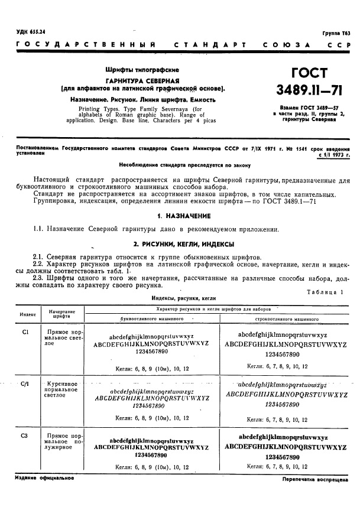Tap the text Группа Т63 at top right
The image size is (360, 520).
[x=336, y=34]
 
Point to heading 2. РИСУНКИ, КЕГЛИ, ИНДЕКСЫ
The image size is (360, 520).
[x=183, y=243]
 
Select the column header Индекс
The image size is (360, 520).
[x=28, y=314]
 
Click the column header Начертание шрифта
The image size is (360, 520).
[x=61, y=314]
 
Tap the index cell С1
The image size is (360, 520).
[x=25, y=332]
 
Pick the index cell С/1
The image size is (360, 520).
[x=25, y=384]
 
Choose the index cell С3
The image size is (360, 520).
[x=25, y=436]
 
